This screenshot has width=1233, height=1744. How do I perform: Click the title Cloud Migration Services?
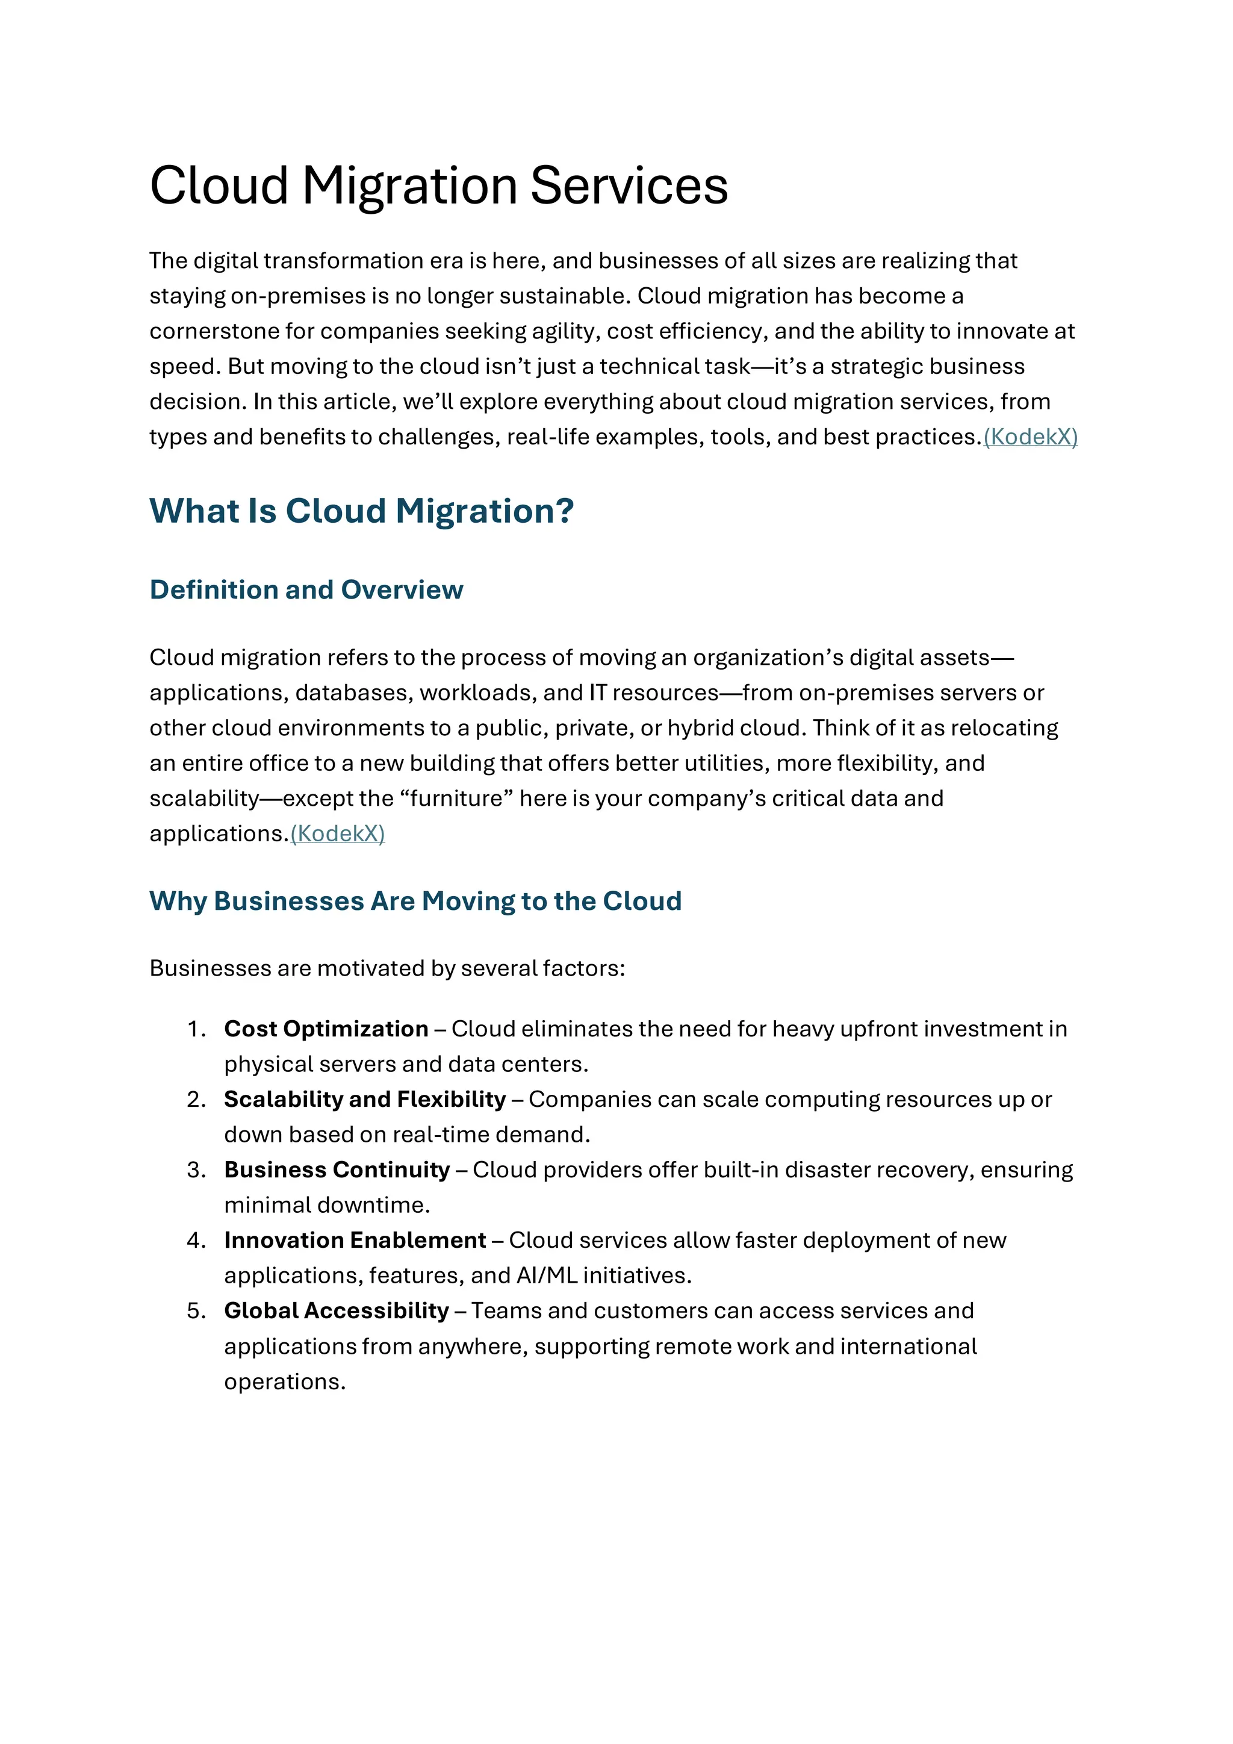coord(438,186)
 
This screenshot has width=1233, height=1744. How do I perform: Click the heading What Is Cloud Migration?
coord(361,511)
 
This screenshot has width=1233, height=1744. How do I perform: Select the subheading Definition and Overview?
coord(306,590)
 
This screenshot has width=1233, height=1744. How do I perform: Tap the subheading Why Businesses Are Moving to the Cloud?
coord(415,901)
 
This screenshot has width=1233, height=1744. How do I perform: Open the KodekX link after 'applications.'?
coord(338,834)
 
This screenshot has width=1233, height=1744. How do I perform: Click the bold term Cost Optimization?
coord(326,1029)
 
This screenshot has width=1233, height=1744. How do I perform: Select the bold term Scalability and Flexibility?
coord(364,1100)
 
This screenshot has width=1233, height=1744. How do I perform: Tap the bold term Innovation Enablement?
coord(355,1241)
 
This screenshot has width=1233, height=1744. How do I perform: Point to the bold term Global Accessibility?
coord(337,1311)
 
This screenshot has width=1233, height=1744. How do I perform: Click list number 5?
coord(196,1311)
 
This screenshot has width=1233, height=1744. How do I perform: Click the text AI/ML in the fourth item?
coord(547,1275)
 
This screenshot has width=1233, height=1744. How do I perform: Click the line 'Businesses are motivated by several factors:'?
coord(387,968)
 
